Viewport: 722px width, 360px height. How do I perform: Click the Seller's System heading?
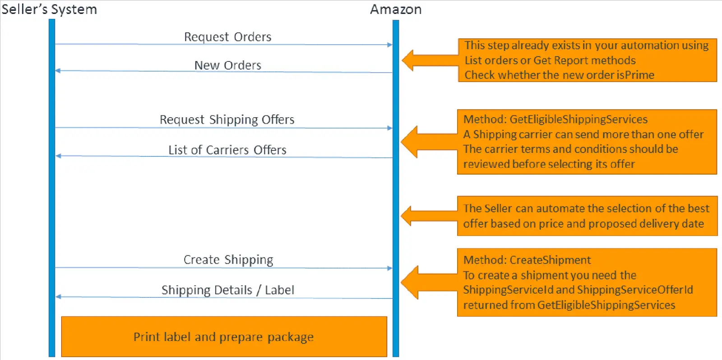tap(49, 9)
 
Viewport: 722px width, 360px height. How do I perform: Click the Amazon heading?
tap(396, 9)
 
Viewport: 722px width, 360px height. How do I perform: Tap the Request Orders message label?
tap(227, 37)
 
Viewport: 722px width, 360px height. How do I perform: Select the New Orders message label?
tap(227, 65)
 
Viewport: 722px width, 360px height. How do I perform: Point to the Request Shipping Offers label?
tap(227, 120)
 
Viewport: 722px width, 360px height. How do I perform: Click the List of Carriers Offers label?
tap(227, 150)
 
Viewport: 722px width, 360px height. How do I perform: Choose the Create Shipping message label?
tap(228, 260)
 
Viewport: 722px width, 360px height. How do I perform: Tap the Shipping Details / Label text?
tap(228, 290)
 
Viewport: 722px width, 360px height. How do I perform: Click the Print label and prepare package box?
tap(224, 337)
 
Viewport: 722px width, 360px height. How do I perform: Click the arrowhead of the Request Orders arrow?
tap(390, 45)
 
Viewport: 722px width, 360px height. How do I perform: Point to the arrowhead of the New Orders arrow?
tap(58, 71)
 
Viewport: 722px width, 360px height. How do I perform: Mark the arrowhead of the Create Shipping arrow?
tap(390, 268)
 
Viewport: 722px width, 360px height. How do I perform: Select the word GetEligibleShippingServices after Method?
tap(579, 120)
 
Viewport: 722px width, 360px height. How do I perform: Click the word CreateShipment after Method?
tap(550, 260)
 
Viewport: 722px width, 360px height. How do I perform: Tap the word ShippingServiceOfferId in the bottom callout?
tap(635, 290)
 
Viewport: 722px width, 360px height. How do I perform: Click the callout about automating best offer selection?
tap(587, 216)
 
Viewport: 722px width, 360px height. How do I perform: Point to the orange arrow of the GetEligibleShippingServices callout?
tap(429, 142)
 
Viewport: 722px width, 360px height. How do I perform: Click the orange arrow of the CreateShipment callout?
tap(429, 282)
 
